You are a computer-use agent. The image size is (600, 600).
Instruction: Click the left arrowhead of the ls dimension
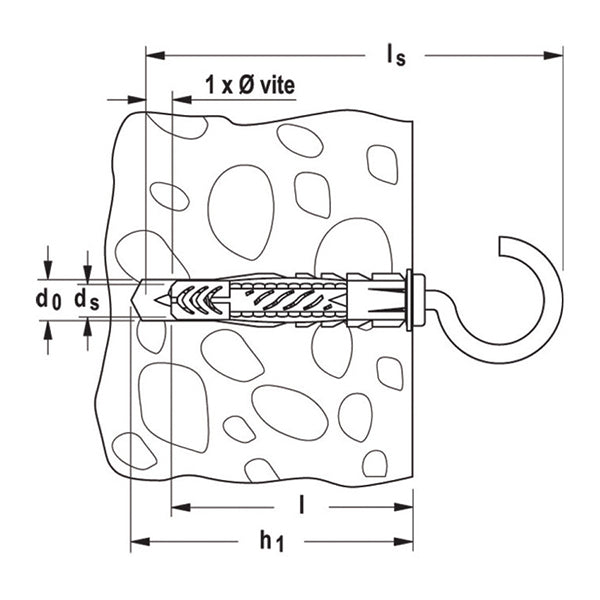(x=152, y=47)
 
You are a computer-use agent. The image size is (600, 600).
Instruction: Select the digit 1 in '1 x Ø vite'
(x=210, y=86)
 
